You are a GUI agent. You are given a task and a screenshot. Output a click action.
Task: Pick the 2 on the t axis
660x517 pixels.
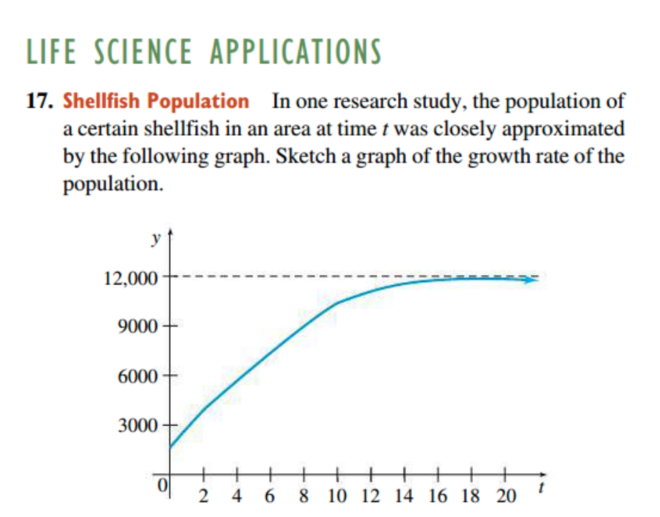[204, 495]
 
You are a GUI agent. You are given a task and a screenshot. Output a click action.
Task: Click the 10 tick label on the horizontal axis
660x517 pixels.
[337, 495]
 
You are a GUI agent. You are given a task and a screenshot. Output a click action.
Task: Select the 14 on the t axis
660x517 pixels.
[405, 495]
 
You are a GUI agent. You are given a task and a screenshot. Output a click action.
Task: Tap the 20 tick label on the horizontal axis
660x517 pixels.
[505, 495]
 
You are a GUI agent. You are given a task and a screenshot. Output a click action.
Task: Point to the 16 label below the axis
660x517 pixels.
[438, 495]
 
